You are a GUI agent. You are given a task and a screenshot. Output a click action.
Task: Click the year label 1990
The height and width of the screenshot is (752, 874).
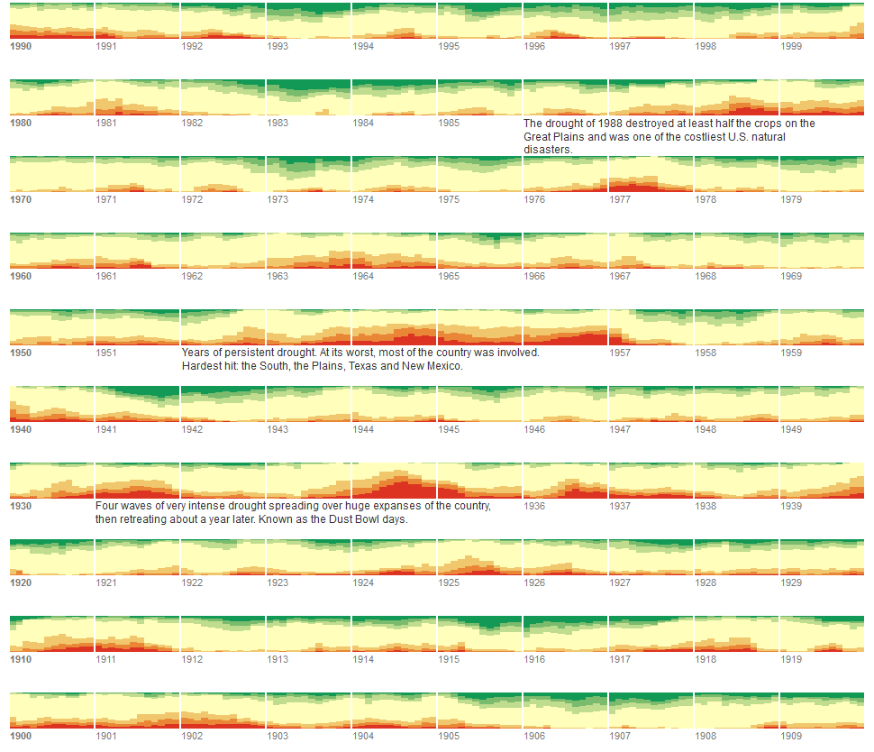tap(20, 46)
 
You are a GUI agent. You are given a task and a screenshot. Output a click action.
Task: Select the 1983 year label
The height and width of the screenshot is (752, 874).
tap(278, 123)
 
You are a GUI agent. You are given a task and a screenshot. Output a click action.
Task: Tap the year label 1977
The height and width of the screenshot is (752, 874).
tap(620, 199)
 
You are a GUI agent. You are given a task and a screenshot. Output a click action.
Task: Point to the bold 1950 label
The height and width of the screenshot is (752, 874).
tap(20, 353)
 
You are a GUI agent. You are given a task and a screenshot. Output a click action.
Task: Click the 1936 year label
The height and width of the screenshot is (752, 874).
tap(534, 506)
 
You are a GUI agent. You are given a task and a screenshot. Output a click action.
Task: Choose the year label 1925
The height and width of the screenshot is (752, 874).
tap(449, 582)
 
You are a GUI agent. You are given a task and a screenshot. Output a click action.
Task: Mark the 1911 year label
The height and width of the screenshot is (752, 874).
tap(105, 659)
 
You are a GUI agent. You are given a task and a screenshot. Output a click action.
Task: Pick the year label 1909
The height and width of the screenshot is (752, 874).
tap(791, 736)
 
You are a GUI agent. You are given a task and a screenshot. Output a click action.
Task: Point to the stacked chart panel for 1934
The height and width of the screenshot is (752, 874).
tap(394, 481)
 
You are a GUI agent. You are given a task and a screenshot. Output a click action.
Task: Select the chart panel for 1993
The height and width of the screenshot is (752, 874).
tap(308, 21)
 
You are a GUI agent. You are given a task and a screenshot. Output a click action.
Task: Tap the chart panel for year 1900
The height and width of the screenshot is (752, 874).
tap(51, 711)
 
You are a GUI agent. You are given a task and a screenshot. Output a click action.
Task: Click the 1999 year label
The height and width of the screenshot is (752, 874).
tap(791, 46)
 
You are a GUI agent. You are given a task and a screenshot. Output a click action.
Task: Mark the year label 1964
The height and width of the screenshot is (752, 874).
tap(363, 276)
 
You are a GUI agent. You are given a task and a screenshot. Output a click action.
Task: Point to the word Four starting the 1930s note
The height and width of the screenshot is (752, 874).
tap(106, 506)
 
